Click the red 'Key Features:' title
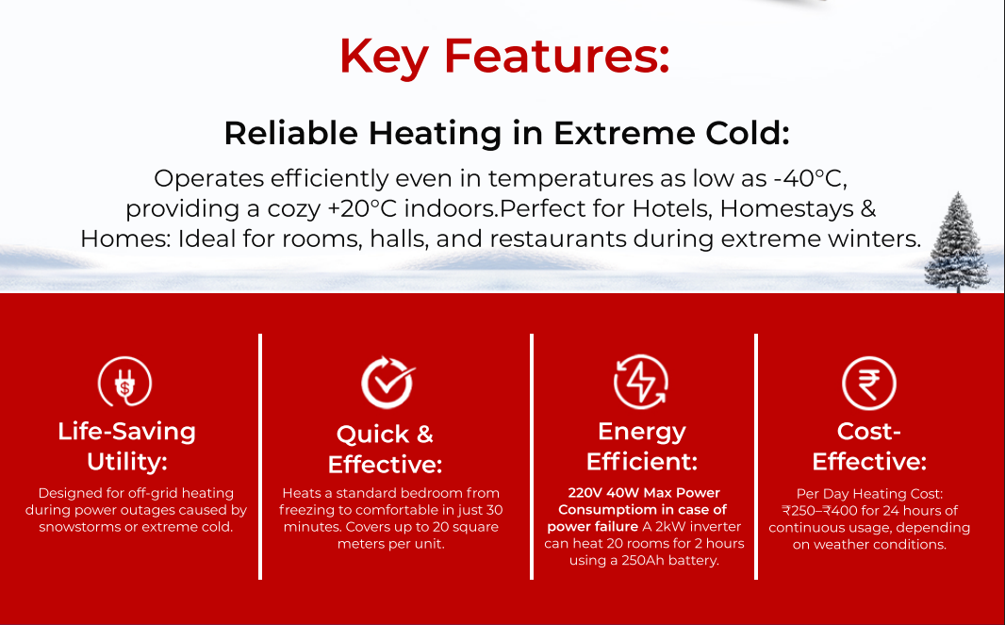pyautogui.click(x=504, y=57)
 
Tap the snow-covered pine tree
pyautogui.click(x=958, y=242)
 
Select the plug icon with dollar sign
pyautogui.click(x=125, y=382)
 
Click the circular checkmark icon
pyautogui.click(x=387, y=383)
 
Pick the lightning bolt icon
pyautogui.click(x=641, y=382)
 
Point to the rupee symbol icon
pyautogui.click(x=869, y=384)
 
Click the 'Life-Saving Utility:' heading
pyautogui.click(x=127, y=446)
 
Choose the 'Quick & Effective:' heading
pyautogui.click(x=386, y=450)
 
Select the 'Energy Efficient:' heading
pyautogui.click(x=642, y=446)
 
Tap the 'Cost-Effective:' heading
pyautogui.click(x=869, y=446)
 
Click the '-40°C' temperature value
pyautogui.click(x=810, y=179)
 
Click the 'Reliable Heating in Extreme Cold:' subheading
pyautogui.click(x=506, y=133)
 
